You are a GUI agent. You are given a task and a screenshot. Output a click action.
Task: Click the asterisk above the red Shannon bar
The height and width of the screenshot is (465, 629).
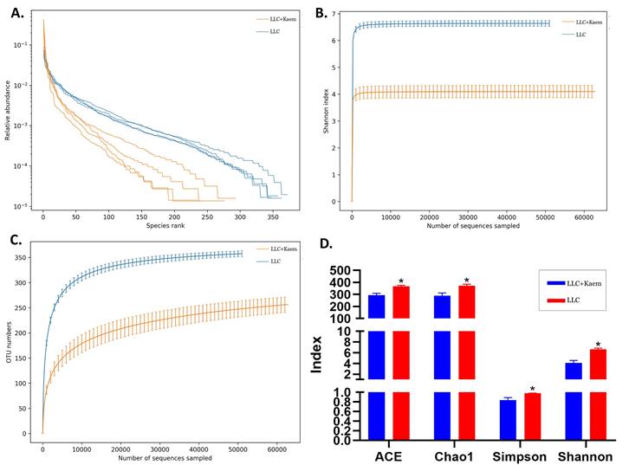click(x=597, y=344)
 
